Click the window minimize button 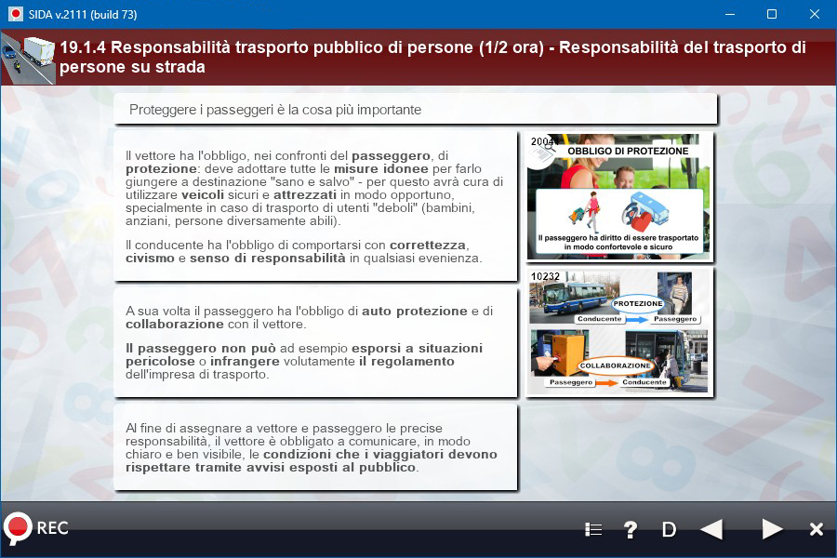(x=730, y=15)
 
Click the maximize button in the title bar (x=772, y=15)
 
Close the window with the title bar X (x=814, y=15)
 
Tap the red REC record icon (x=17, y=528)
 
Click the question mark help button (x=631, y=529)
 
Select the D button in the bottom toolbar (x=669, y=530)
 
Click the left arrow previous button (x=711, y=529)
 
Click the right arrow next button (x=772, y=529)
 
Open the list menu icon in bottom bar (x=593, y=530)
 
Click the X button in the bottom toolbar (x=817, y=529)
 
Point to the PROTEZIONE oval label (x=637, y=303)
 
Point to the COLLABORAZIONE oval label (x=616, y=365)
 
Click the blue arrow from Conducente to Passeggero (x=636, y=320)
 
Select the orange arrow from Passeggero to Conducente (x=606, y=383)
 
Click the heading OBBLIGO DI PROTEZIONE (x=628, y=151)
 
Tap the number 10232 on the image (x=545, y=276)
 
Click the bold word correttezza (x=428, y=246)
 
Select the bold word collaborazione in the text (x=175, y=325)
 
